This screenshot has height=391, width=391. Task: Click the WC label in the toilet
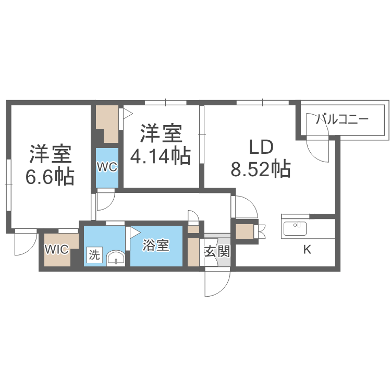(x=107, y=167)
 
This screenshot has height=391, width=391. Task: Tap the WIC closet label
(x=57, y=249)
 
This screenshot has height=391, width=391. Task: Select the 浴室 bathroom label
(x=156, y=245)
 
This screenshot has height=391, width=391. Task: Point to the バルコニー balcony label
(x=342, y=119)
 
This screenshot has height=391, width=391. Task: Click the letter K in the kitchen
(x=307, y=249)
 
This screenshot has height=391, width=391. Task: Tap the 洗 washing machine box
(x=94, y=255)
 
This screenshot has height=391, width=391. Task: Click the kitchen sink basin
(x=295, y=228)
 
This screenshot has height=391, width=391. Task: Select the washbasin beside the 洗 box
(x=116, y=258)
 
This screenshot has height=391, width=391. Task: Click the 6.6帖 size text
(x=50, y=177)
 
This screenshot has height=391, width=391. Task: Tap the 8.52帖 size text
(x=261, y=169)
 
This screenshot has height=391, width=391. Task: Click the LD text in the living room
(x=261, y=147)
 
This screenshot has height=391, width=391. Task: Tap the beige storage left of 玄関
(x=193, y=252)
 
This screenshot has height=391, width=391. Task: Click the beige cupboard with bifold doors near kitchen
(x=245, y=231)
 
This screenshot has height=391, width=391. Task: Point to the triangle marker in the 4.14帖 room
(x=128, y=114)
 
